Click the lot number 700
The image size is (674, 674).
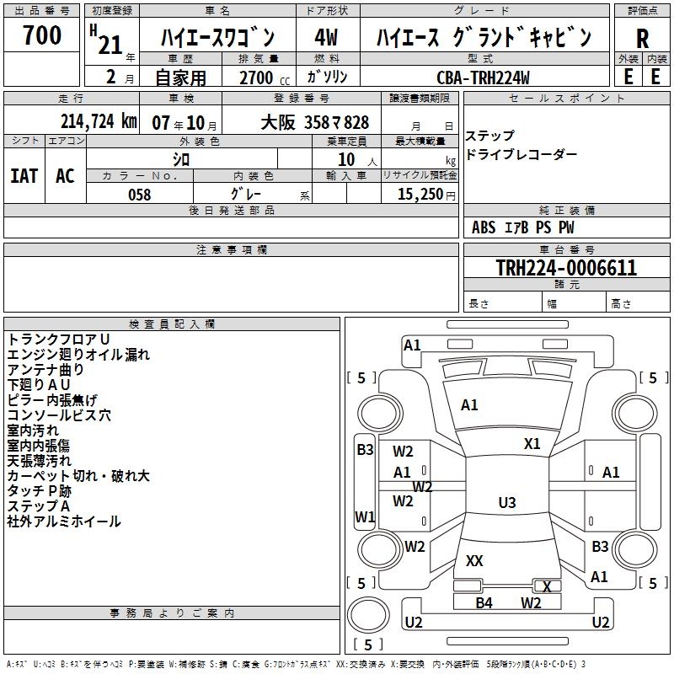point(42,35)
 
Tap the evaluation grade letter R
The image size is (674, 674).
point(642,39)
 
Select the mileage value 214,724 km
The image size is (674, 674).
point(99,121)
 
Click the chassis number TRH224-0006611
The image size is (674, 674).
point(566,268)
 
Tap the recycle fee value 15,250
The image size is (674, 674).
point(419,195)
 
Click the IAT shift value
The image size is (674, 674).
point(24,175)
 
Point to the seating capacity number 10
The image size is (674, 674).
point(346,158)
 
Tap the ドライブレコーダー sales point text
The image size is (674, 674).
point(522,154)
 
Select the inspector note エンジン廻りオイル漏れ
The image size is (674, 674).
point(78,355)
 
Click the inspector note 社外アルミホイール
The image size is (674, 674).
point(64,522)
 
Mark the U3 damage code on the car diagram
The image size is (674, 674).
point(507,503)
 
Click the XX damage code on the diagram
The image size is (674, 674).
point(474,560)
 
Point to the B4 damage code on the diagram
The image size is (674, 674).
point(484,602)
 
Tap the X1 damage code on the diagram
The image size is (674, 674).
point(532,444)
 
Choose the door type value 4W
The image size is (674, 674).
point(326,37)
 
